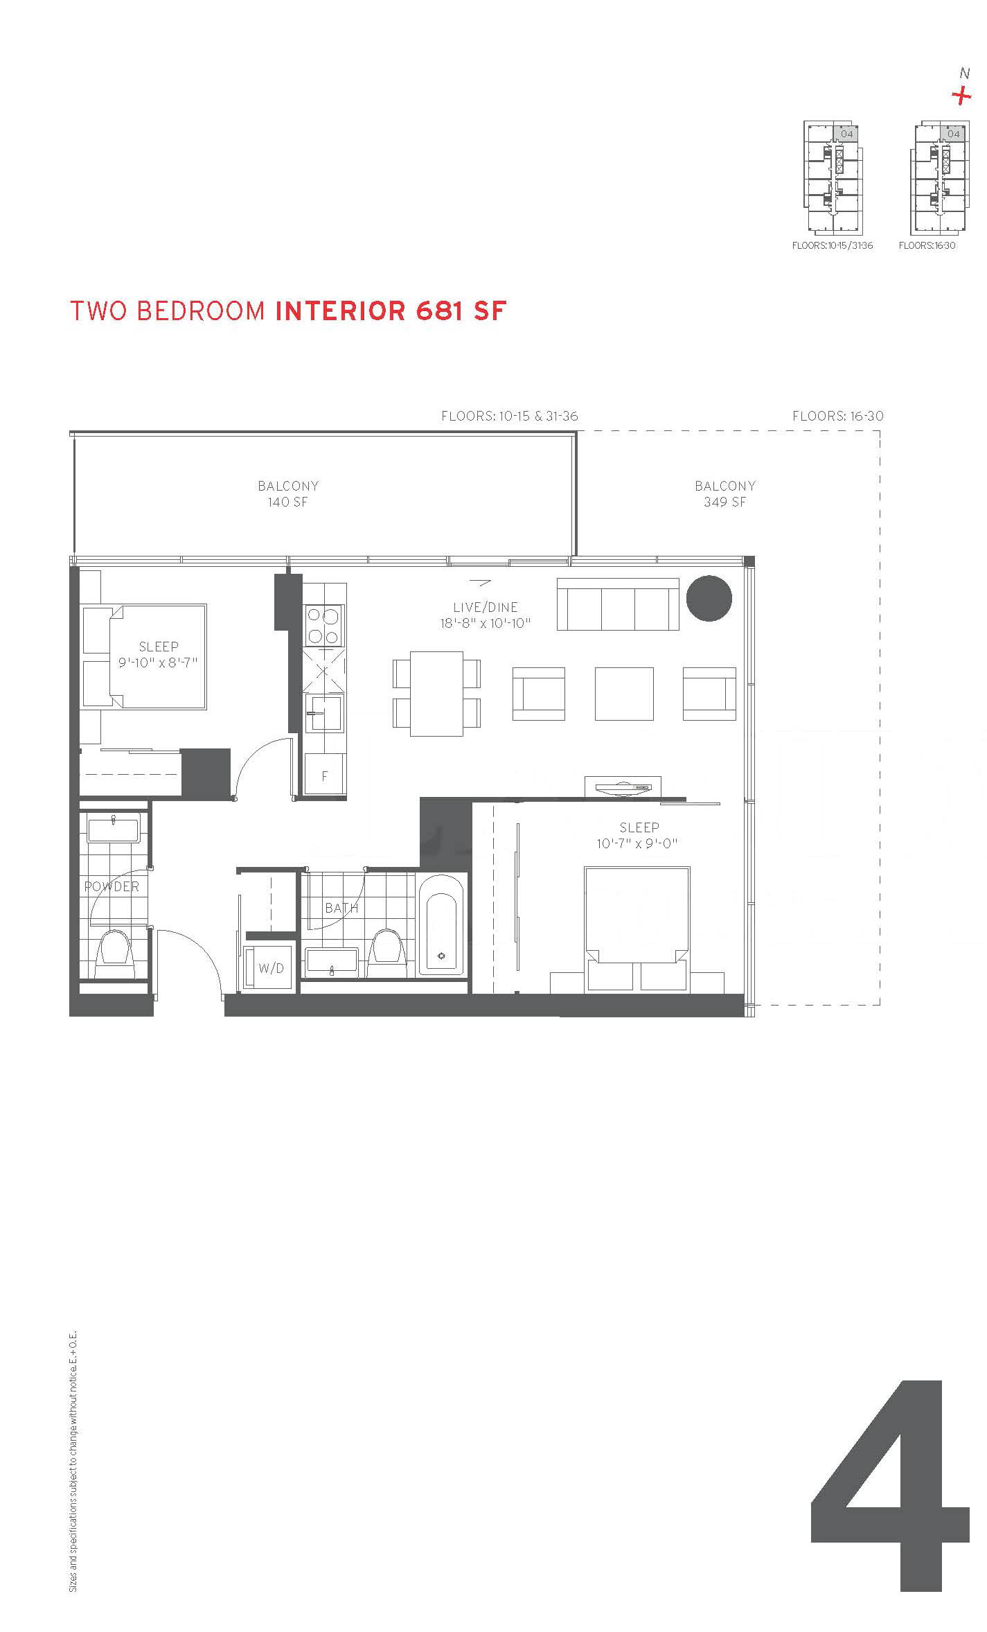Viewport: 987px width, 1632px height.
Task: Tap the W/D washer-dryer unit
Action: click(271, 967)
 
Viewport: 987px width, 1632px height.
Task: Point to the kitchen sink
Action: click(324, 712)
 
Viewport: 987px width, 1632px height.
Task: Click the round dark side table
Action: click(709, 598)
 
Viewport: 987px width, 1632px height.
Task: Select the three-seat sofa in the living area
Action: click(618, 604)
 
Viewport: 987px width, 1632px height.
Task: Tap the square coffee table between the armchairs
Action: click(624, 694)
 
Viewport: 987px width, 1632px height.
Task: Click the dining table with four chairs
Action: click(436, 693)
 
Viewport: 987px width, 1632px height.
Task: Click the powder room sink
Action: click(114, 828)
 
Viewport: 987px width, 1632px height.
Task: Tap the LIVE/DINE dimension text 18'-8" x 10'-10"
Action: click(486, 623)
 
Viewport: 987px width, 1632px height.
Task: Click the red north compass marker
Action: click(961, 95)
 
